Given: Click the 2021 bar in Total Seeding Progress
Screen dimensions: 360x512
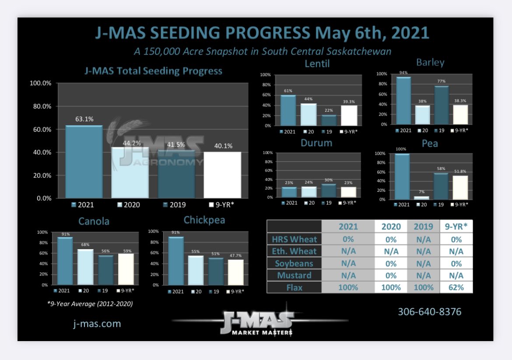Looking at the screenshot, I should click(x=84, y=162).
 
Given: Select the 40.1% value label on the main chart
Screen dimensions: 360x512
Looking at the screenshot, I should click(x=222, y=146).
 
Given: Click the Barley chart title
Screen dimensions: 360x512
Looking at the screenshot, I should click(x=430, y=62).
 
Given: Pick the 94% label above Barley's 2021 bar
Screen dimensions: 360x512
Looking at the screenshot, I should click(x=403, y=73).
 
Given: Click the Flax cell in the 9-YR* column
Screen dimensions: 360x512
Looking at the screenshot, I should click(x=456, y=287).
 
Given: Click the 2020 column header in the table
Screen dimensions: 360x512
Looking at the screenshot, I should click(x=390, y=226).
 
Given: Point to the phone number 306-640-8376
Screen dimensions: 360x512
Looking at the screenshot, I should click(x=429, y=312).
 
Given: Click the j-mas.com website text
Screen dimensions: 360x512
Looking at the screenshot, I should click(x=97, y=324).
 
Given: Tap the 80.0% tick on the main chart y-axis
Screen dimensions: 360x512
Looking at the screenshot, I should click(x=41, y=106).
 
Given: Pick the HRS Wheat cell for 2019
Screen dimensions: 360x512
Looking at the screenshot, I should click(x=424, y=239).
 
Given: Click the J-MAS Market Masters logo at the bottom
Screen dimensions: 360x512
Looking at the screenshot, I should click(x=259, y=323).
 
